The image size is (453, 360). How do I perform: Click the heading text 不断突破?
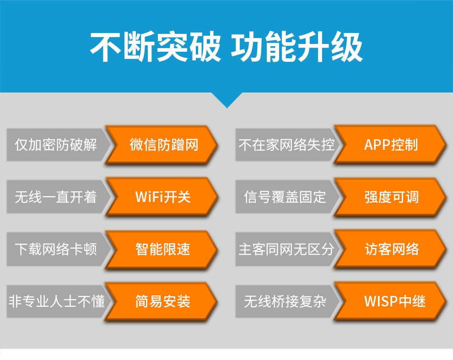click(x=155, y=47)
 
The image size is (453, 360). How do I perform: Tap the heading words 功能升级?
click(x=297, y=47)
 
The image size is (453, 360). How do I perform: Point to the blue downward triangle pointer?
click(x=227, y=100)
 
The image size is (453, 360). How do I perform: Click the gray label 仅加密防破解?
click(x=56, y=145)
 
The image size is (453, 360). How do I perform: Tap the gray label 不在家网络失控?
click(x=286, y=145)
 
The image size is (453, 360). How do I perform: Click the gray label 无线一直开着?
click(x=56, y=197)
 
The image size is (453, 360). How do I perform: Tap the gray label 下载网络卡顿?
click(x=56, y=249)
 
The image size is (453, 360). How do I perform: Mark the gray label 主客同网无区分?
click(x=286, y=249)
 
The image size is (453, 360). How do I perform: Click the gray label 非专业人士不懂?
click(x=57, y=301)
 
